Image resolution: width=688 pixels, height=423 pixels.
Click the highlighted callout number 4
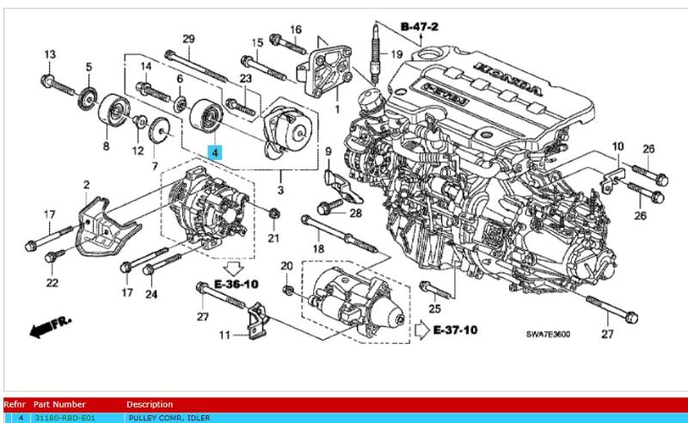click(x=215, y=150)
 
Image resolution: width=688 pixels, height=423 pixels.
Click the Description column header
click(x=150, y=404)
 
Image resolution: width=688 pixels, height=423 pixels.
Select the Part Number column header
click(x=59, y=404)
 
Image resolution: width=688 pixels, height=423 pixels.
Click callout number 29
click(x=188, y=39)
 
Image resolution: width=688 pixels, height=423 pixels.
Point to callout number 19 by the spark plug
click(x=396, y=54)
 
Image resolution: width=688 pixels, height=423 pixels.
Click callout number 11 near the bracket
click(x=224, y=334)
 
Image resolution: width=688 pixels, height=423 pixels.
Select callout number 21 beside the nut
click(x=273, y=237)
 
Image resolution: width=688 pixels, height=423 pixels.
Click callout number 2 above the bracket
click(x=86, y=185)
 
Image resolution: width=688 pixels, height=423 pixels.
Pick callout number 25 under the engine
click(x=433, y=309)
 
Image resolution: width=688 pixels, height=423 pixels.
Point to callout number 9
click(x=328, y=153)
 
